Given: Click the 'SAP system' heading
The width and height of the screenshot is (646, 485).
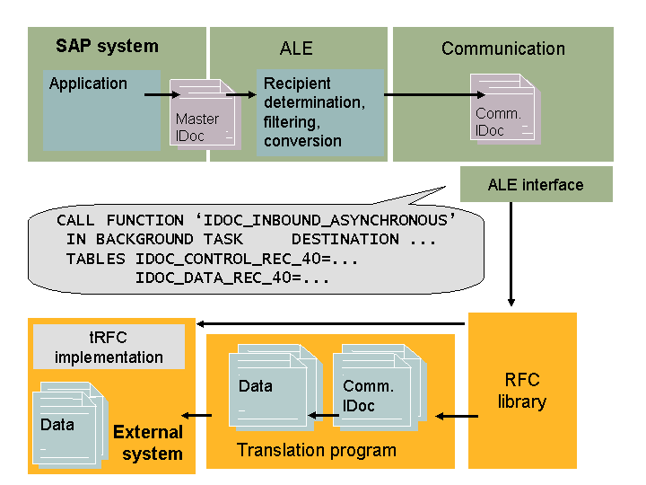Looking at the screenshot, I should [107, 46].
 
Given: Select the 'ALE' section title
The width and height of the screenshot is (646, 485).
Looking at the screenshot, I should [296, 48].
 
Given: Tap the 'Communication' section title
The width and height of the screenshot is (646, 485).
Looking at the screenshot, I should [502, 48].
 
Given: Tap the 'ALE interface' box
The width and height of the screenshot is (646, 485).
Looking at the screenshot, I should [536, 185].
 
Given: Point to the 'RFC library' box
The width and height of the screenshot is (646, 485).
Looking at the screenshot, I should [522, 390].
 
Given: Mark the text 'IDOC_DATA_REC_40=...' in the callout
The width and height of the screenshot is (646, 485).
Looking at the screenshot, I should [232, 278].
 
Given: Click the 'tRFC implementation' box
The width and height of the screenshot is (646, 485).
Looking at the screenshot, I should [109, 348].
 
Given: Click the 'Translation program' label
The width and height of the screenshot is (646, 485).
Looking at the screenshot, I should [316, 450].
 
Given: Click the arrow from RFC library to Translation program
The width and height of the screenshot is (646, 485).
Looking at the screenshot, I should [453, 416].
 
